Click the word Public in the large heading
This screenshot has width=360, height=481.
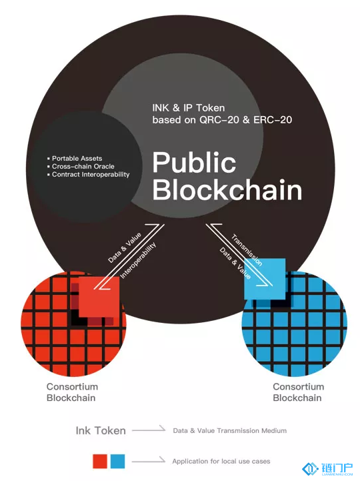click(x=194, y=163)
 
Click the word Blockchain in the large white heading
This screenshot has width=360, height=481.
click(x=227, y=190)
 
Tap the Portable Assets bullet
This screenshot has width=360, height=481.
click(x=75, y=158)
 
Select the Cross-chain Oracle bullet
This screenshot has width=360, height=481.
click(x=81, y=166)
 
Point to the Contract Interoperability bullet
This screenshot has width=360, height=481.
click(x=88, y=174)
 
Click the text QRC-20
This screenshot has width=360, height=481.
click(x=219, y=119)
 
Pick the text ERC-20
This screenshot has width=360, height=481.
click(x=273, y=119)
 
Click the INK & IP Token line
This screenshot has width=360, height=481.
click(x=189, y=107)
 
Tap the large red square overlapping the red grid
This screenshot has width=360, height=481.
click(x=99, y=297)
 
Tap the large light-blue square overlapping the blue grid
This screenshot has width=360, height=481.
click(x=265, y=279)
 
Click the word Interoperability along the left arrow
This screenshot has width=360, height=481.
click(x=138, y=260)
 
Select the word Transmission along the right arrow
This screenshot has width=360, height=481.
click(x=247, y=250)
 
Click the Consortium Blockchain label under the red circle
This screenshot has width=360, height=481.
click(x=72, y=392)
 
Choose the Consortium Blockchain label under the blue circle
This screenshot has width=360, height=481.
click(x=299, y=392)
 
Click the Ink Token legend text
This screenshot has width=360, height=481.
click(x=101, y=430)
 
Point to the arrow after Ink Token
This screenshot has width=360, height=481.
click(x=149, y=430)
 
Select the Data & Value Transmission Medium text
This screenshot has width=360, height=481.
click(x=230, y=431)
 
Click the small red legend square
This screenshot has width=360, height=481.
click(x=100, y=462)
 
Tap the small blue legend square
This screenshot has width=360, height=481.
click(x=118, y=462)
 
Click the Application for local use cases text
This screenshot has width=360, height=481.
click(x=221, y=461)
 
